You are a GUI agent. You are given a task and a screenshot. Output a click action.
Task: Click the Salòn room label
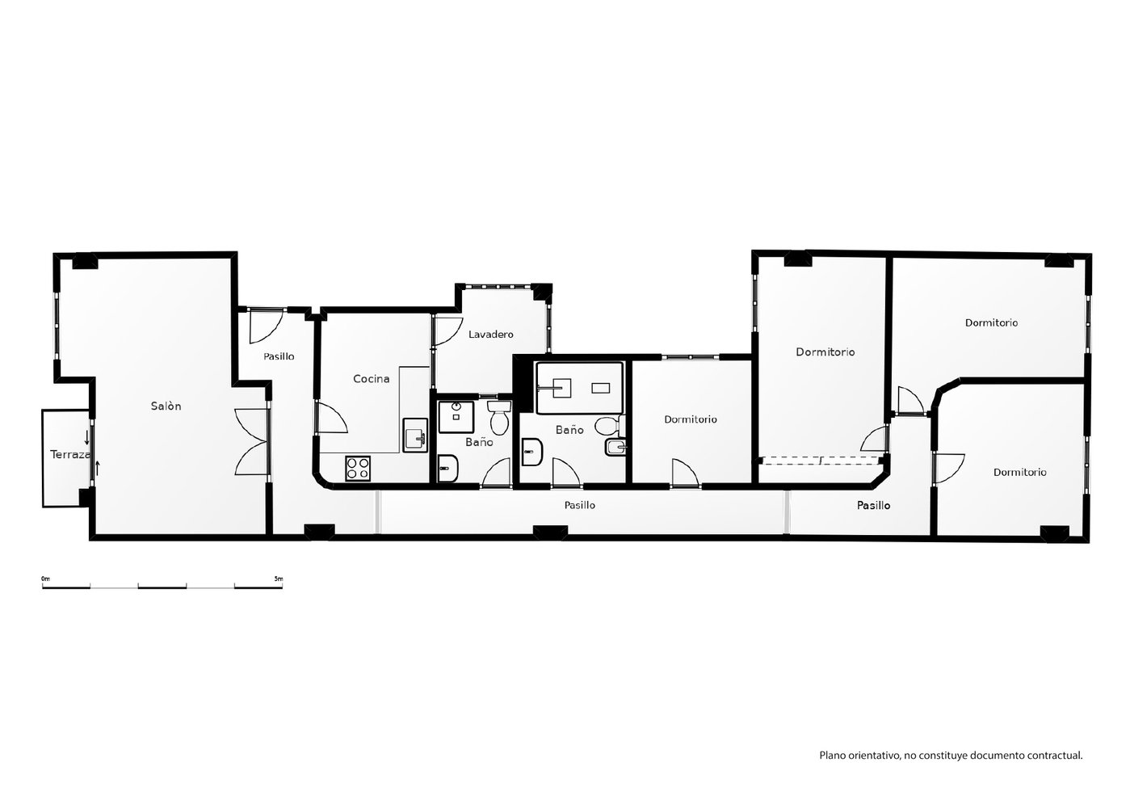(x=166, y=406)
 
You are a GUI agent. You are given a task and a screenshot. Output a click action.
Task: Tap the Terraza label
(x=70, y=455)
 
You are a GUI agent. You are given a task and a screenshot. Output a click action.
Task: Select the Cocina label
(x=372, y=378)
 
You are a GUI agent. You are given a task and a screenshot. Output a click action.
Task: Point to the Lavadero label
(x=491, y=334)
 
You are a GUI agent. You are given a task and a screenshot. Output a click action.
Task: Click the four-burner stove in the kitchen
(x=358, y=468)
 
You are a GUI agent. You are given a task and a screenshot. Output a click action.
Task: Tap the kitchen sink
(x=415, y=435)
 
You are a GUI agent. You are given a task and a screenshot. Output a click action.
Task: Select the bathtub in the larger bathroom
(x=580, y=388)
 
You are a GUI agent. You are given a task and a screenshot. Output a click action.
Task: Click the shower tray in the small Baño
(x=456, y=417)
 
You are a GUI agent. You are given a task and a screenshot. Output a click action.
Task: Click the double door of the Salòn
(x=252, y=442)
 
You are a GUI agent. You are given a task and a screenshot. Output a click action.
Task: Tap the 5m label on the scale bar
(x=279, y=579)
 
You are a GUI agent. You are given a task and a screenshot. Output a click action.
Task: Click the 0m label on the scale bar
(x=46, y=579)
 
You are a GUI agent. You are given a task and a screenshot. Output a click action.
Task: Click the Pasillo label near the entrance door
(x=279, y=356)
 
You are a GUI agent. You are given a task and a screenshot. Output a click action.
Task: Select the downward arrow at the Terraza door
(x=86, y=437)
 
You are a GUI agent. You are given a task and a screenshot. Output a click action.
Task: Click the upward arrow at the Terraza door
(x=98, y=468)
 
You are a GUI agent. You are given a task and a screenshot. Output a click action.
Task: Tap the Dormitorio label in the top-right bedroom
(x=991, y=322)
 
